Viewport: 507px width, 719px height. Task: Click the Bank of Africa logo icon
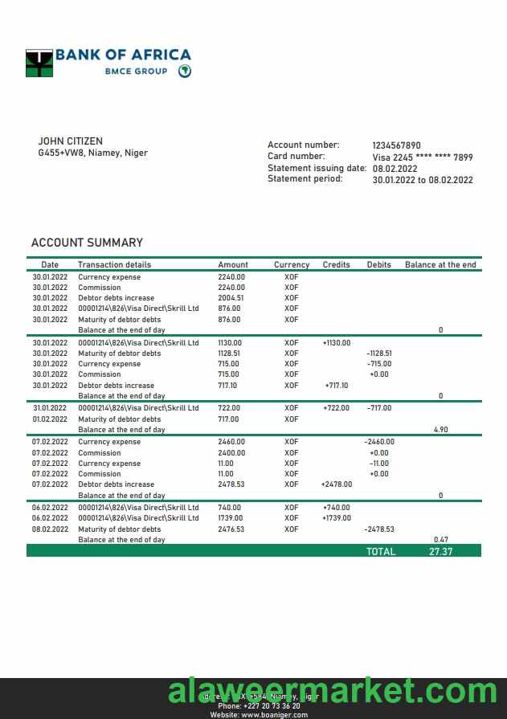pos(39,63)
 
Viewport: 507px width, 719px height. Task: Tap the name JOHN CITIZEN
pos(71,141)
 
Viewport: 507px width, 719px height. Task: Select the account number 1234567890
pos(396,145)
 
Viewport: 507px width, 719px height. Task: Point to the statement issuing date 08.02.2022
pos(395,169)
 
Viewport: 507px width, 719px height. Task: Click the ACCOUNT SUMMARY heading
pos(87,243)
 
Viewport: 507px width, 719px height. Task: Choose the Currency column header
pos(291,264)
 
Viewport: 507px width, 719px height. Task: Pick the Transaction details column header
pos(114,264)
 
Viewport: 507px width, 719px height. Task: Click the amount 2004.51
pos(231,298)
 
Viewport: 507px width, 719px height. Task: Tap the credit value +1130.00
pos(336,343)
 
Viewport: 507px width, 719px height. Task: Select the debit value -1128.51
pos(378,353)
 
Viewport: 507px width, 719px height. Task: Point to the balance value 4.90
pos(440,430)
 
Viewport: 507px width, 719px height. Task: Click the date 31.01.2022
pos(49,408)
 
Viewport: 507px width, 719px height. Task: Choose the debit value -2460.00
pos(378,442)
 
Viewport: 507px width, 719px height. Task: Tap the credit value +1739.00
pos(336,518)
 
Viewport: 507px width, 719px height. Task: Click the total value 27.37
pos(441,552)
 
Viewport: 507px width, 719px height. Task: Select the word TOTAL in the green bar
pos(381,552)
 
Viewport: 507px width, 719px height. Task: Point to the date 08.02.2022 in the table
pos(49,529)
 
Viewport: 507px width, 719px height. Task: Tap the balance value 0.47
pos(440,540)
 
